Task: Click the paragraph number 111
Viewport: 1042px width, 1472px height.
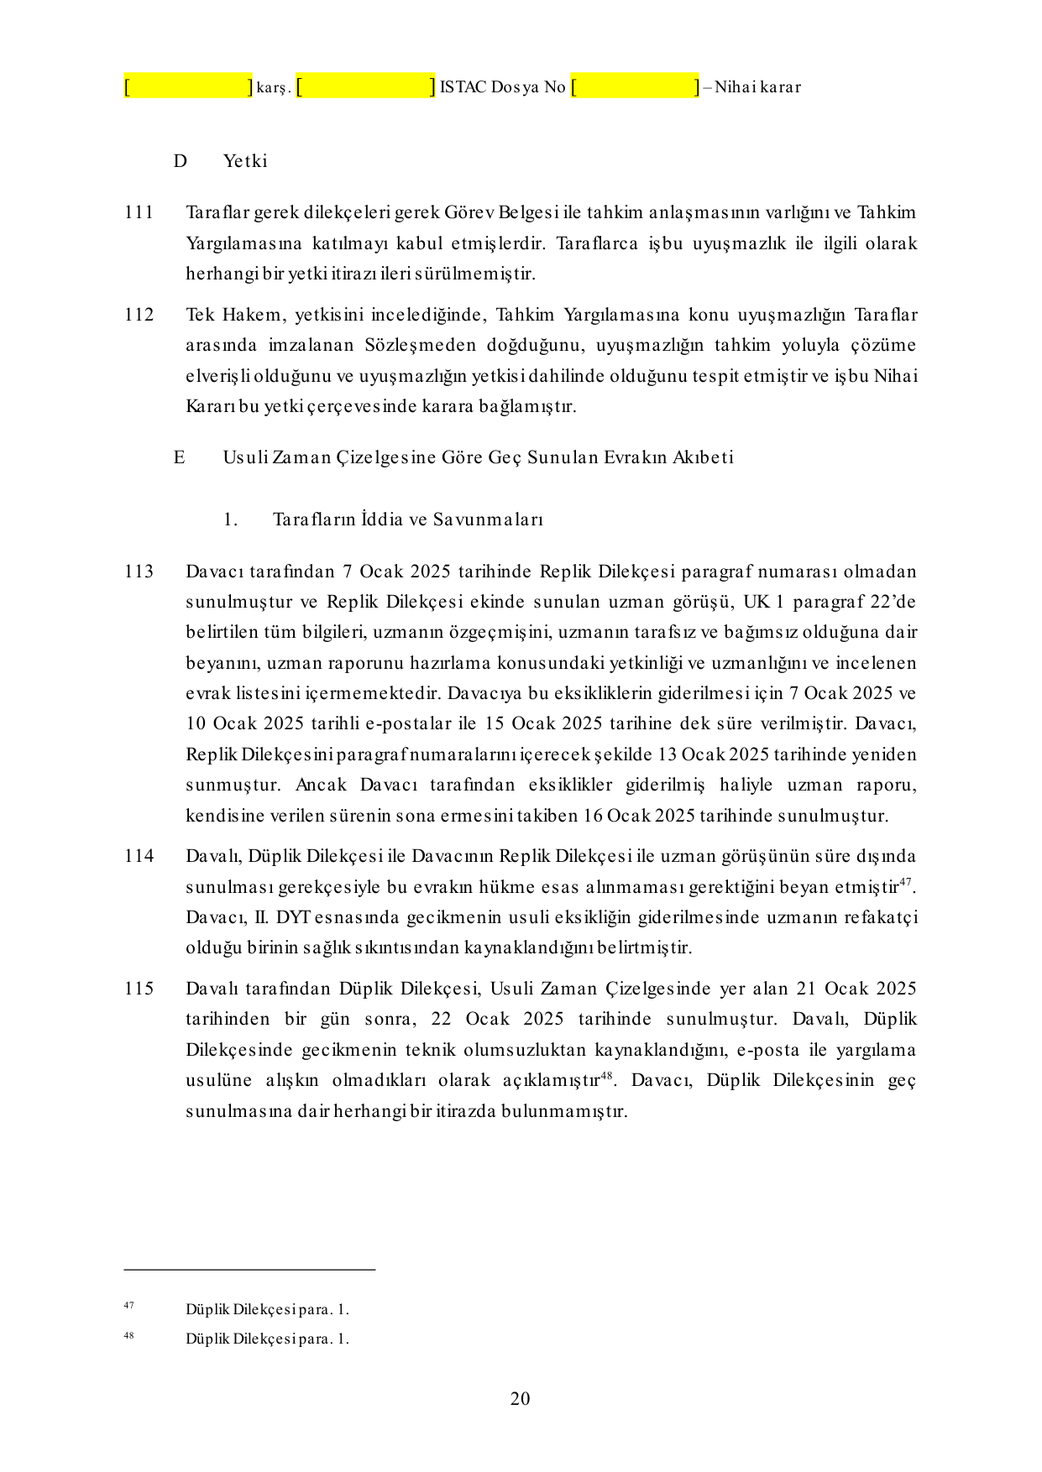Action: point(139,212)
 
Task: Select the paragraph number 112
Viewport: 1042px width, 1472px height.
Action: point(139,315)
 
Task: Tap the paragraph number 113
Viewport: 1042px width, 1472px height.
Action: point(139,572)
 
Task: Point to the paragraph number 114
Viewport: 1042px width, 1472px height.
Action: point(139,856)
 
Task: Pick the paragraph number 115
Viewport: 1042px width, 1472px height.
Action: point(139,989)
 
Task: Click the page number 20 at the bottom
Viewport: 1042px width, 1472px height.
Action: point(520,1398)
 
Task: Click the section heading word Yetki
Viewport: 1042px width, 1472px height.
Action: point(245,161)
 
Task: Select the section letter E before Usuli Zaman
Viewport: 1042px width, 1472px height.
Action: point(179,457)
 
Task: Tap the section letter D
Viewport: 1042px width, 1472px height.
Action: point(180,161)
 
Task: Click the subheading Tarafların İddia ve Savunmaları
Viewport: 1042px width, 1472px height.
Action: point(408,519)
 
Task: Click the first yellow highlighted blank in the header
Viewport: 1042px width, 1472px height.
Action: point(188,86)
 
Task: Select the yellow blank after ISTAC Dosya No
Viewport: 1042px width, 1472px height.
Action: point(635,86)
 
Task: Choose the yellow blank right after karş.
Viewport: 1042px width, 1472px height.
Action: point(366,86)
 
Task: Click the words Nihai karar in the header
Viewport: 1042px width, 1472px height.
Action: point(757,87)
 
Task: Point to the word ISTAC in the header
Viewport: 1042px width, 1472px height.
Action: point(463,87)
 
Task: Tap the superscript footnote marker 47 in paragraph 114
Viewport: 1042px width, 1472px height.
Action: point(905,881)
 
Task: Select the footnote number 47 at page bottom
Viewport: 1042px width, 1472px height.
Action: point(128,1305)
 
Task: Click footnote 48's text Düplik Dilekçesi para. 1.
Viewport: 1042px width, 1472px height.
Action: point(267,1339)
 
